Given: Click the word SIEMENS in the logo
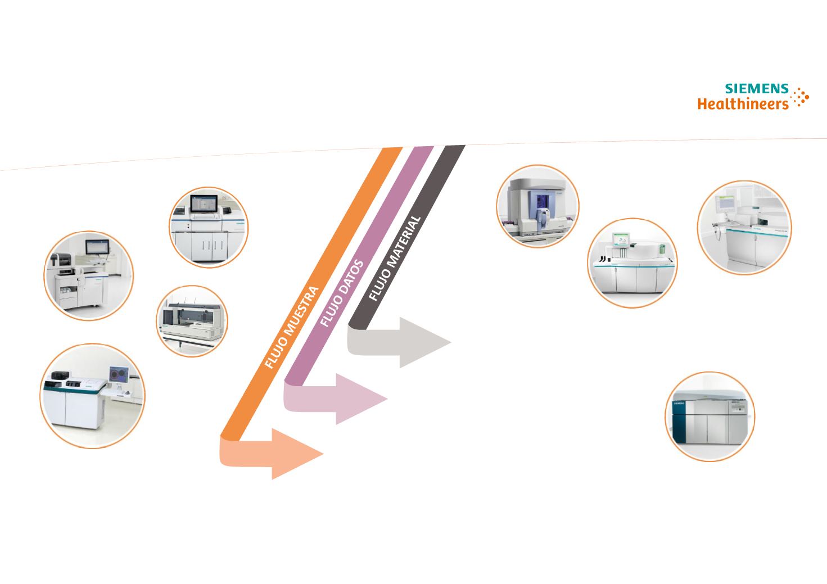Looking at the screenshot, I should click(757, 89).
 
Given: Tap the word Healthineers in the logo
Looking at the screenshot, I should click(743, 104).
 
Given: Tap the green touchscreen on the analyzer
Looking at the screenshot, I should click(620, 241).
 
